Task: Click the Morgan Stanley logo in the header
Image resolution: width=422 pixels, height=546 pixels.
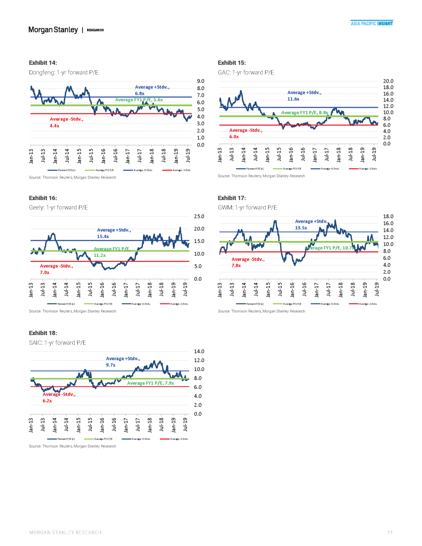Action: [53, 30]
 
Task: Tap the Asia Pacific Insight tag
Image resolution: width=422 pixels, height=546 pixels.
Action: [372, 23]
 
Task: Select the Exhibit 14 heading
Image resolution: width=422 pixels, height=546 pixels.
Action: [43, 63]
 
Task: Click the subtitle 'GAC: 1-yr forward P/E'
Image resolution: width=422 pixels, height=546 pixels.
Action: [246, 73]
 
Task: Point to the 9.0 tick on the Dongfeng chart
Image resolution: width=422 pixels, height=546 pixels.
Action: [200, 81]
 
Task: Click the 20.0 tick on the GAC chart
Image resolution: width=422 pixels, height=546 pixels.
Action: [388, 81]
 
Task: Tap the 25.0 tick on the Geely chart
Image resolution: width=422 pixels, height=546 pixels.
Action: [199, 216]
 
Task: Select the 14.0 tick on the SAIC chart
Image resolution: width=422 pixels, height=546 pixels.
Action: [199, 352]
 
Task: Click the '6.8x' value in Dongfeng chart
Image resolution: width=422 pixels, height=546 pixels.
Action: [139, 94]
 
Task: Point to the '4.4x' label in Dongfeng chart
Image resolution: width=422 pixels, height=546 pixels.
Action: [54, 126]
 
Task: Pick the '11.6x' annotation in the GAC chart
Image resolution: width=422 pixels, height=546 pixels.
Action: [293, 99]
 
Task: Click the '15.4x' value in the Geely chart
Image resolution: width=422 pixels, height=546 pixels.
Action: [103, 237]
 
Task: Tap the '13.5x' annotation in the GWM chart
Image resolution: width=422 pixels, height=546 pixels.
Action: [301, 228]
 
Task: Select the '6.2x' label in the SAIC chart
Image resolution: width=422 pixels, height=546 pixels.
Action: [47, 401]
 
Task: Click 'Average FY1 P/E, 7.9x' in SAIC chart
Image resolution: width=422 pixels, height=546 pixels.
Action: [150, 384]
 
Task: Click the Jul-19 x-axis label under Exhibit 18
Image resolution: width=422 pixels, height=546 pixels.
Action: [186, 425]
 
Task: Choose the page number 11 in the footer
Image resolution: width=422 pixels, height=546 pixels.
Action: [390, 533]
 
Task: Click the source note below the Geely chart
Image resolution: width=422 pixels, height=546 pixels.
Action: [72, 311]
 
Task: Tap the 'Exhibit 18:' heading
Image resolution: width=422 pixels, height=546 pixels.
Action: [43, 333]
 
